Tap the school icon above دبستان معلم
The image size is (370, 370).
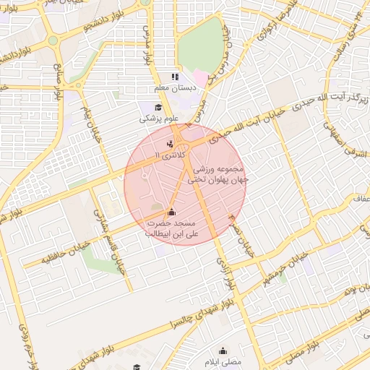[173, 77]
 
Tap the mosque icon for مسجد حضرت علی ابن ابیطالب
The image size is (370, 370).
[171, 212]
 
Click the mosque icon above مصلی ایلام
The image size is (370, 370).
[222, 350]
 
